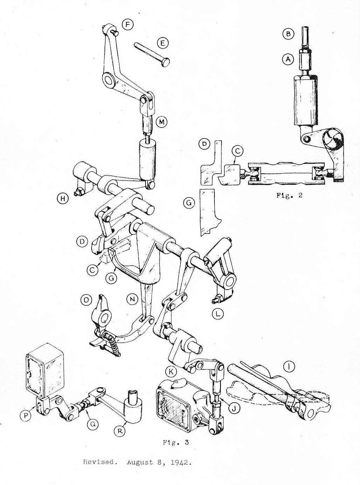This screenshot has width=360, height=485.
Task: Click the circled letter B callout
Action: (288, 34)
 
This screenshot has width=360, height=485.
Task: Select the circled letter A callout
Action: (288, 59)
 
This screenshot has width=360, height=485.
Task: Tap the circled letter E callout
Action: (162, 43)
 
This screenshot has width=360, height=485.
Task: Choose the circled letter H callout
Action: (63, 198)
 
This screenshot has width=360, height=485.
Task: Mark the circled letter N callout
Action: (132, 300)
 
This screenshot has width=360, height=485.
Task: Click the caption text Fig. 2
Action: (289, 195)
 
